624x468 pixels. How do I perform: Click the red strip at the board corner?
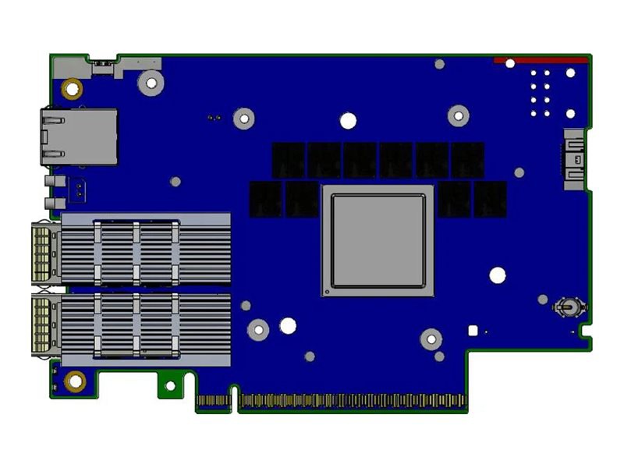pos(541,60)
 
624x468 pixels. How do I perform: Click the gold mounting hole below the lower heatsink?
pos(76,381)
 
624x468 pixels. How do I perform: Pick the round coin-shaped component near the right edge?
pos(567,307)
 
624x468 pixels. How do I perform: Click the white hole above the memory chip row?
pos(349,120)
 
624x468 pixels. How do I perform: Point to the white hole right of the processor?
pos(497,275)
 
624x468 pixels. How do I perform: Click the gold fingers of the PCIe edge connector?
pos(351,401)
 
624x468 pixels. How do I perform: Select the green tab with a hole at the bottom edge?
pos(169,385)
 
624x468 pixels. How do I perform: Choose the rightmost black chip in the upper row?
pos(468,159)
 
